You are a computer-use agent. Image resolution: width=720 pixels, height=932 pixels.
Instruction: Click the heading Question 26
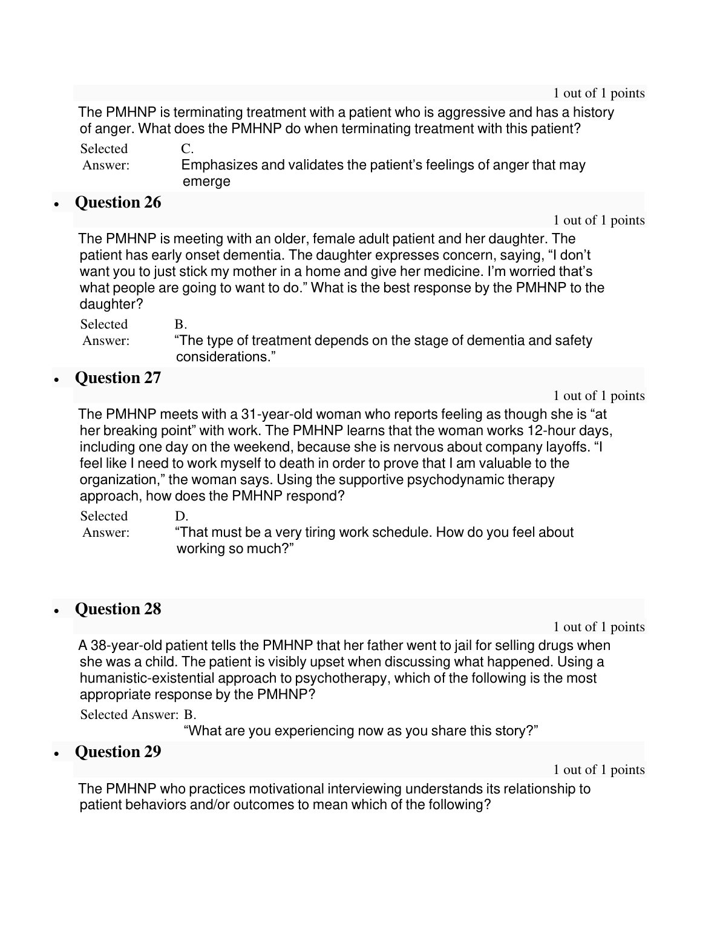tap(118, 202)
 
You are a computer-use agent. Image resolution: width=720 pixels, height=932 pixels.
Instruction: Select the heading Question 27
tap(118, 378)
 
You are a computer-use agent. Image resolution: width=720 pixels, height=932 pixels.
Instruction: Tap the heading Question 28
tap(118, 609)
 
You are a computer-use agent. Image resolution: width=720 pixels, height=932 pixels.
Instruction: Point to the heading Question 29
tap(118, 752)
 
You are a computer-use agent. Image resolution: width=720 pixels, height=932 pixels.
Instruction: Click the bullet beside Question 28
tap(57, 611)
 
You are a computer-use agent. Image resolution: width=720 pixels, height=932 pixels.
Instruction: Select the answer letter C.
tap(187, 149)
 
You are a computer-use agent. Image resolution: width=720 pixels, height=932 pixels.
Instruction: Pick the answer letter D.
tap(182, 516)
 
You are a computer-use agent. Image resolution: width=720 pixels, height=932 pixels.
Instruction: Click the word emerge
tap(206, 182)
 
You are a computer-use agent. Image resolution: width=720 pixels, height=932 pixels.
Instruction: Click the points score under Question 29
tap(599, 770)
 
